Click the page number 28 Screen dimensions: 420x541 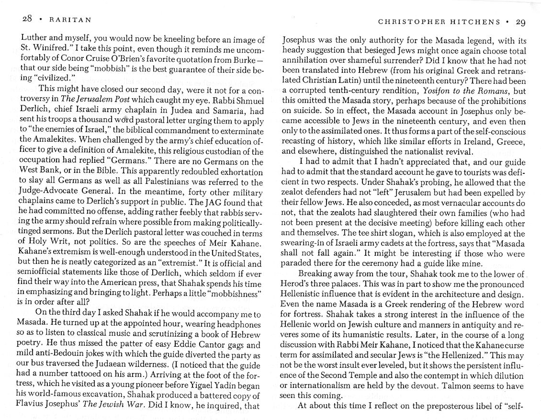(x=27, y=20)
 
